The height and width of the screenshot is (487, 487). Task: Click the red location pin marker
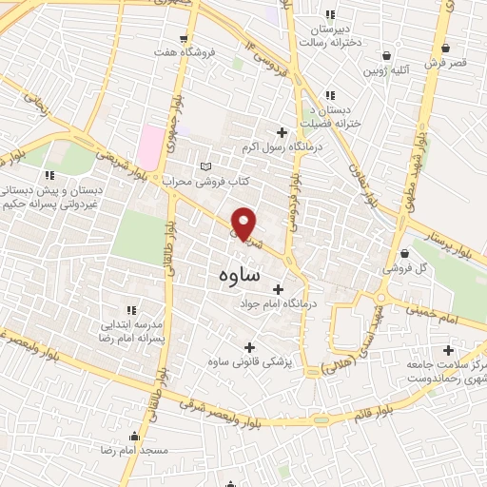click(244, 223)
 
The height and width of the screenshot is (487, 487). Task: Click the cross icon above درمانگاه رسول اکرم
click(281, 132)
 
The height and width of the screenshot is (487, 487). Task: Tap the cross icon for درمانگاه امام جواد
click(278, 289)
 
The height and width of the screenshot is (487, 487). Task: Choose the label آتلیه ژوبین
click(385, 70)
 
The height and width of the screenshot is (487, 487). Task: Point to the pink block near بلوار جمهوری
click(150, 146)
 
